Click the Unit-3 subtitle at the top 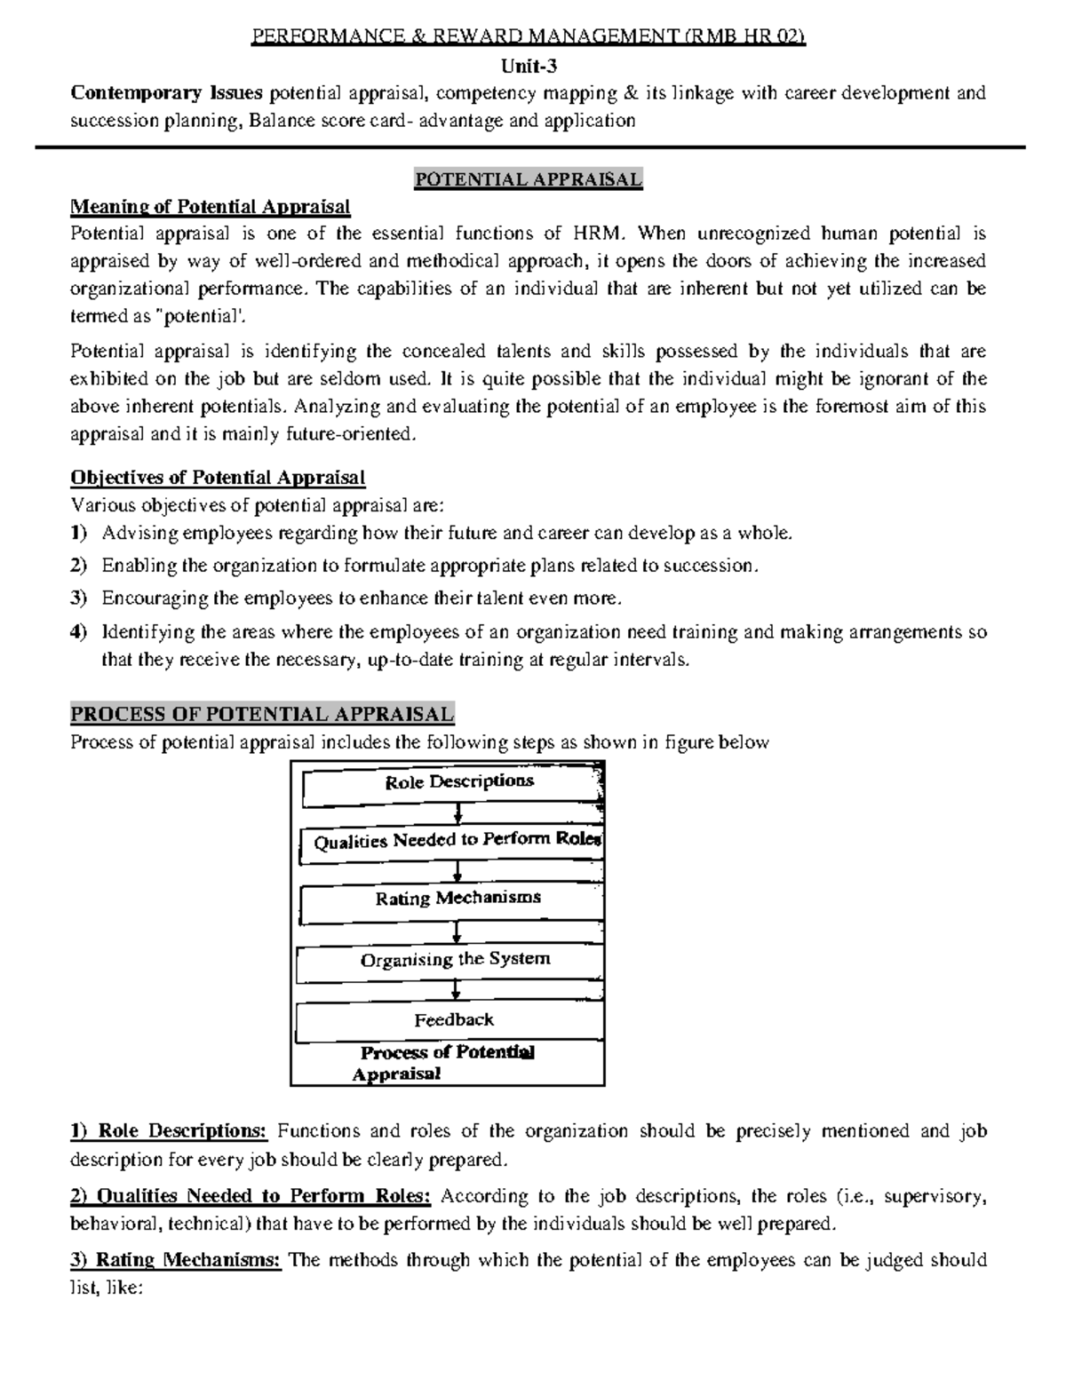point(529,65)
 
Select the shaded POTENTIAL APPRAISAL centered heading point(529,180)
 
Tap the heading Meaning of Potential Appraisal point(211,207)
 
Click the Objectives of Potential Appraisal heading point(218,478)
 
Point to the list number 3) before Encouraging point(79,598)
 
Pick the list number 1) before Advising point(79,534)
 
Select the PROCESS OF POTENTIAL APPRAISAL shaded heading point(262,714)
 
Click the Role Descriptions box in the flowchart point(453,783)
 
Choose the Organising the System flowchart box point(453,960)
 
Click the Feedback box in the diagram point(453,1020)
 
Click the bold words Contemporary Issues point(167,93)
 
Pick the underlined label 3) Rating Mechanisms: point(176,1260)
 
